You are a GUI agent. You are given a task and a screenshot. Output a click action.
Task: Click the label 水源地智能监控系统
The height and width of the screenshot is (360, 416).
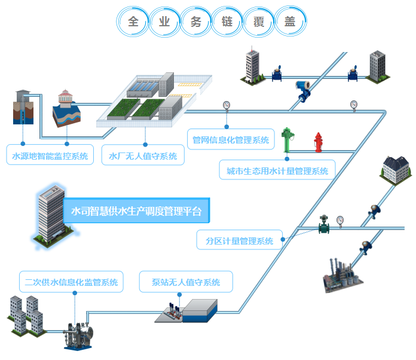coord(50,157)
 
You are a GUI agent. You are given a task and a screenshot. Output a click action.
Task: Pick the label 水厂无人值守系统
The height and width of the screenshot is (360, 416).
coord(143,157)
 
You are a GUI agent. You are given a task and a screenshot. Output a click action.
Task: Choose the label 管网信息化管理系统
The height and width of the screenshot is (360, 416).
coord(231,141)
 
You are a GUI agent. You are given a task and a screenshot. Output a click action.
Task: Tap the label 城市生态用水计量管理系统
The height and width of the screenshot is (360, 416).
coord(277,171)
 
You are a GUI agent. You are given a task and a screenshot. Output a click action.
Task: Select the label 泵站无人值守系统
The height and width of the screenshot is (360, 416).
coord(186,282)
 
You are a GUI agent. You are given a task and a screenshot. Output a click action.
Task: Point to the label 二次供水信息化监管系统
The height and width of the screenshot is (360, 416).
coord(71,282)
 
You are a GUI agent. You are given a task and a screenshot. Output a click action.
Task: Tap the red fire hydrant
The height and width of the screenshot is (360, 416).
coord(318,142)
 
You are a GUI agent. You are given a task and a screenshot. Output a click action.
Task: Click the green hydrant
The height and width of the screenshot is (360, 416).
coord(287,139)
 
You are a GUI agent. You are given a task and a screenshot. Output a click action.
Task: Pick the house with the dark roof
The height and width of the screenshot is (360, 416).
coord(396,168)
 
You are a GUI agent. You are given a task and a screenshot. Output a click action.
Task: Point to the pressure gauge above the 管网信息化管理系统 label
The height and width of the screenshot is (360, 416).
coord(226,106)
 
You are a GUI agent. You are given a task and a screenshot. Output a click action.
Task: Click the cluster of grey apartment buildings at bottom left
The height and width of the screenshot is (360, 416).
coord(26,315)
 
